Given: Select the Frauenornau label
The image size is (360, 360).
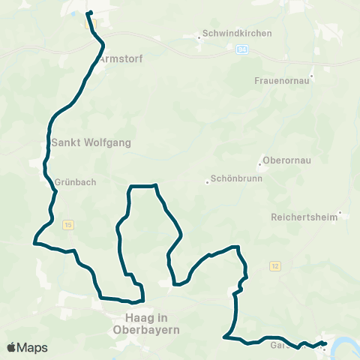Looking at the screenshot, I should click(283, 76).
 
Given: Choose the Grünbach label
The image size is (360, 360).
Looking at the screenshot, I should click(75, 181).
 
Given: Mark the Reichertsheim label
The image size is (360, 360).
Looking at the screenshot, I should click(304, 217).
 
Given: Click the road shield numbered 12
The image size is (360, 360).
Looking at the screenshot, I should click(275, 266).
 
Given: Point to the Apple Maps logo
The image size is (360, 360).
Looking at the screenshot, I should click(26, 347).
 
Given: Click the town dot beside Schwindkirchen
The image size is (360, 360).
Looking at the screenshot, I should click(197, 34).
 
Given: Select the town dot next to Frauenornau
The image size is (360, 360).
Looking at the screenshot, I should click(311, 76).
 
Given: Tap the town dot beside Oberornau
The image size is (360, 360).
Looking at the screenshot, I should click(259, 161).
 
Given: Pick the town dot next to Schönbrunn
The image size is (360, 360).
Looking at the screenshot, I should click(208, 181).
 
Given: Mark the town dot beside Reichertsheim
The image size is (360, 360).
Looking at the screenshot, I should click(340, 214).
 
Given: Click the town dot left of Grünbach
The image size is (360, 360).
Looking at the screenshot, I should click(50, 181).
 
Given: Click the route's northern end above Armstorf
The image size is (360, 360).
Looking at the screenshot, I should click(89, 13).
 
